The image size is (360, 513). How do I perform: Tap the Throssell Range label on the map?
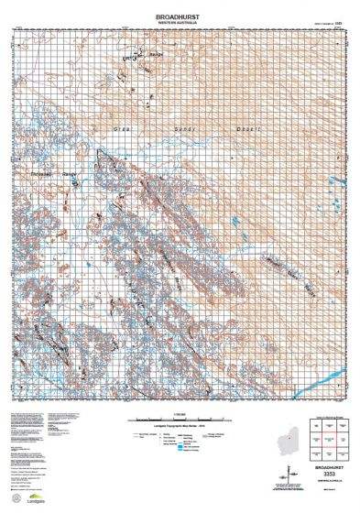pyautogui.click(x=56, y=170)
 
